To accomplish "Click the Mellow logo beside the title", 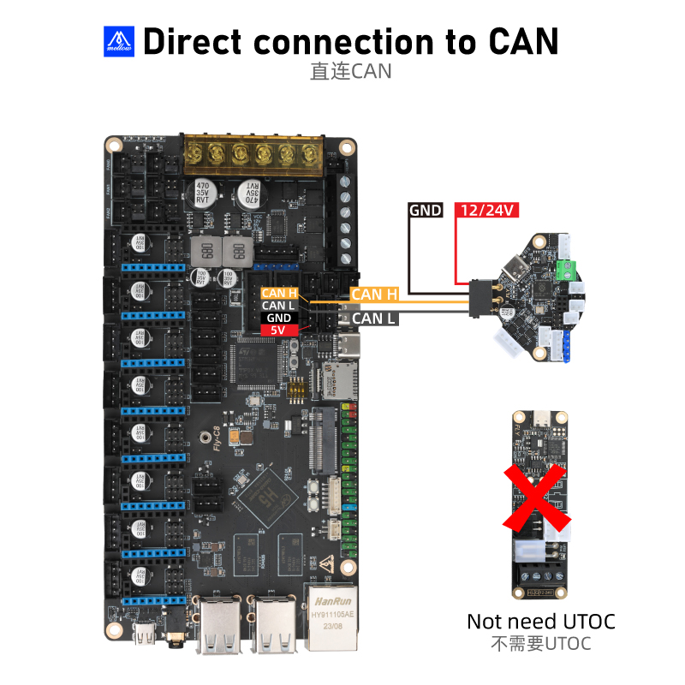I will point(119,39).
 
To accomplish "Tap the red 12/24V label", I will point(485,210).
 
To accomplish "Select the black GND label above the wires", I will point(426,210).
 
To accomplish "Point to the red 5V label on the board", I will point(279,330).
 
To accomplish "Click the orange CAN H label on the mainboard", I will point(279,294).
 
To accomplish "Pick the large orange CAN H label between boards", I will point(374,295).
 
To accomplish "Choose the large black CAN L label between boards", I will point(374,319).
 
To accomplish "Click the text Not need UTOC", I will point(540,621).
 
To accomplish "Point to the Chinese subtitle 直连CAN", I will point(350,71).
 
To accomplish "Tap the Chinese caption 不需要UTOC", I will point(540,643).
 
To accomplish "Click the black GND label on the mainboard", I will point(279,318).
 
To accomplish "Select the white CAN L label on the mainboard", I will point(279,306).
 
